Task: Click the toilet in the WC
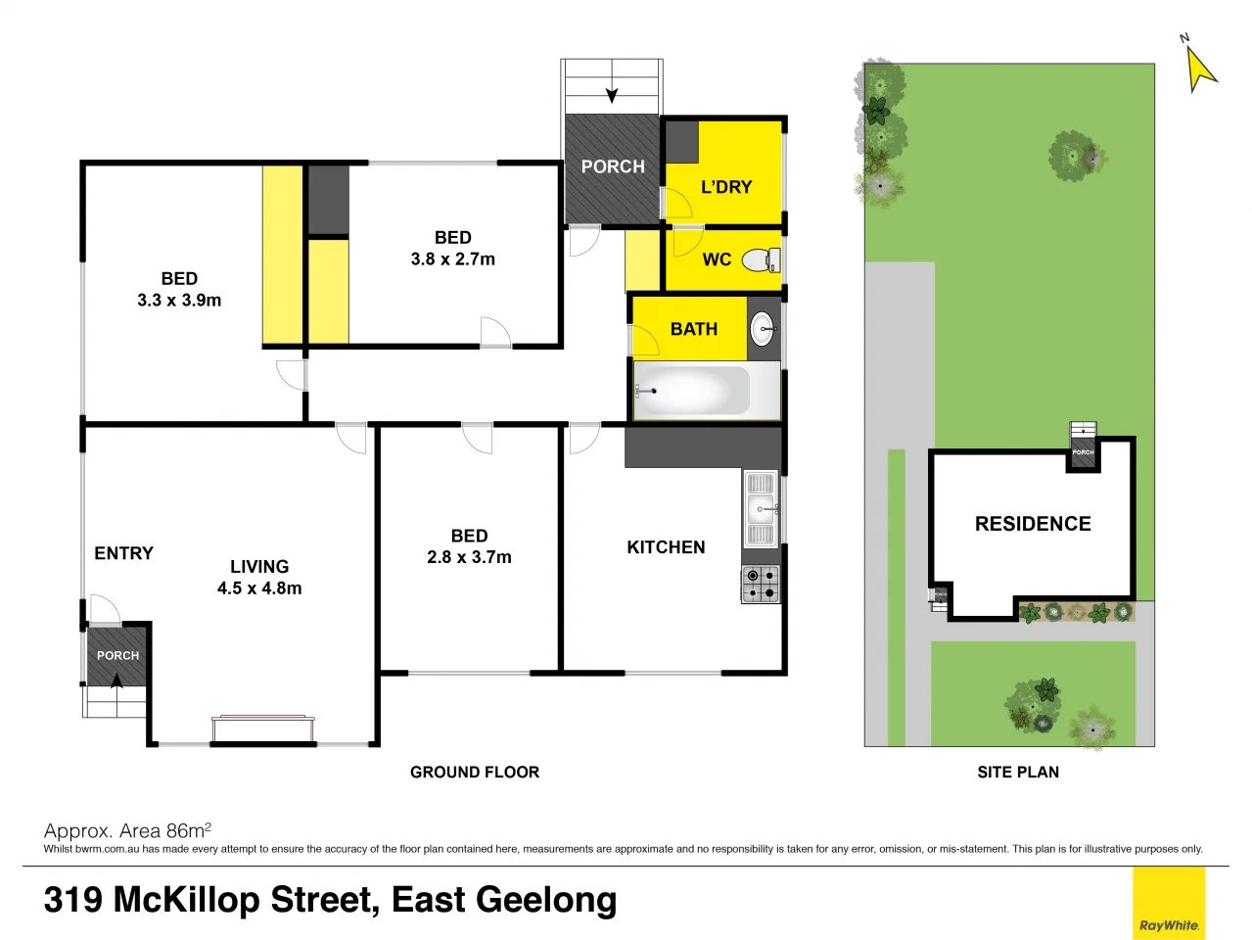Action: click(x=760, y=260)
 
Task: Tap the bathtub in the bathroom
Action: click(x=692, y=391)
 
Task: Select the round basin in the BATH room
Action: click(x=764, y=330)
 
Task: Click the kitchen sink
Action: click(x=761, y=508)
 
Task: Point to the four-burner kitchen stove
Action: click(x=761, y=585)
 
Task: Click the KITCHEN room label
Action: click(x=666, y=547)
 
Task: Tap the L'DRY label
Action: click(x=726, y=187)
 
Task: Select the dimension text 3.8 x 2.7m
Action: click(x=452, y=259)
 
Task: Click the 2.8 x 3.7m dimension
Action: click(x=469, y=557)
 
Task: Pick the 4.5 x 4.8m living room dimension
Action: click(x=259, y=588)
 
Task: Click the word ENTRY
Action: click(x=123, y=553)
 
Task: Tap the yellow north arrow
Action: click(x=1199, y=69)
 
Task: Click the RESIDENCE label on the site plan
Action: click(x=1033, y=524)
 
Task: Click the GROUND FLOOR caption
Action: click(x=475, y=773)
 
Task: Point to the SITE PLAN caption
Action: click(x=1018, y=773)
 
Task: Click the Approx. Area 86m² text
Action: click(x=127, y=831)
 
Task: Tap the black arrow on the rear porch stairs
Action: click(x=612, y=95)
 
